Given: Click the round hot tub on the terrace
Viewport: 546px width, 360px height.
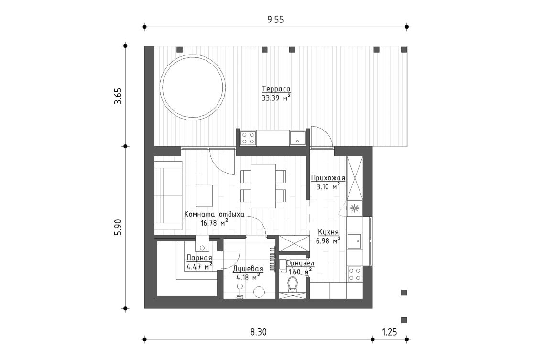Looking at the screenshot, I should tap(193, 87).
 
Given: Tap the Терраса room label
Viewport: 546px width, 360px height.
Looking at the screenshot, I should tap(276, 89).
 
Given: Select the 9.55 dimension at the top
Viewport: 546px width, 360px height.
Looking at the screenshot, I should tap(276, 20).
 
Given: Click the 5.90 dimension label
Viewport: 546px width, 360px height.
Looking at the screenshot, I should tap(119, 227).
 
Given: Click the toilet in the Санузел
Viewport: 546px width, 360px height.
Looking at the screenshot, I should tap(294, 285).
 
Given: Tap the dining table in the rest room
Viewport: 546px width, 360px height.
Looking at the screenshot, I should tap(263, 185).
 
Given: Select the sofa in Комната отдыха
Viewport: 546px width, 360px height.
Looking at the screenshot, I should tap(168, 196).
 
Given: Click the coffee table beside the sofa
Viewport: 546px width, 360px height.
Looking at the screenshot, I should tap(205, 195).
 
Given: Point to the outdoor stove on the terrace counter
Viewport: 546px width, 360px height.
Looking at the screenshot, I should tap(248, 138).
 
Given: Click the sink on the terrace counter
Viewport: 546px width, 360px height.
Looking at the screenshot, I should tap(297, 138).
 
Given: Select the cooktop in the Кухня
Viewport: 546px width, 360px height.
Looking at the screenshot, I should tap(355, 274).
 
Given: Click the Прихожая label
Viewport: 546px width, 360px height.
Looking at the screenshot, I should tap(328, 178).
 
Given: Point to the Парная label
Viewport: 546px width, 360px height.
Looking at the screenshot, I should tap(199, 258).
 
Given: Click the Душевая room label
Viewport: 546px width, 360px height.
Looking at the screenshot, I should tap(248, 269).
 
